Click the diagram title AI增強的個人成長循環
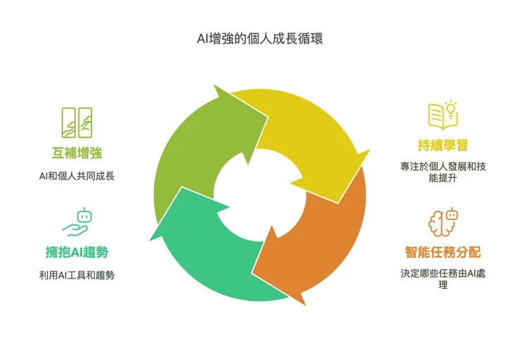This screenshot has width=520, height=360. coord(259,39)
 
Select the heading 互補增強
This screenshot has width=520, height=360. coord(77,153)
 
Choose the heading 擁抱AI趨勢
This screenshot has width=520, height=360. coord(77,252)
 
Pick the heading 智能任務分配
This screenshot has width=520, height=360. coord(443,251)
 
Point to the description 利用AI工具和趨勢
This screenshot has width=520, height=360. coord(77,275)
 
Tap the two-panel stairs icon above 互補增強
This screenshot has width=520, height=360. coord(77,123)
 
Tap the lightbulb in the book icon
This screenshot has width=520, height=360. coord(450,108)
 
